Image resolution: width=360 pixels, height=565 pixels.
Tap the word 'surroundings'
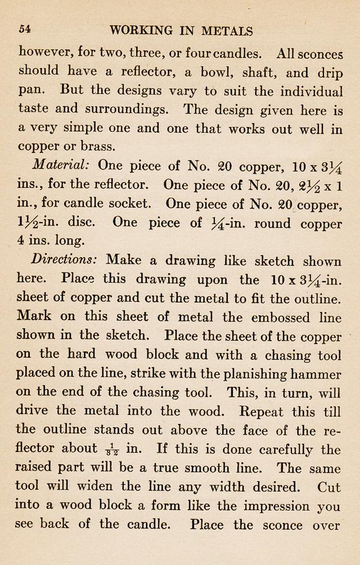click(x=131, y=110)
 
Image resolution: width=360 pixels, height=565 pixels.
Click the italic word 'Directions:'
click(x=65, y=261)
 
